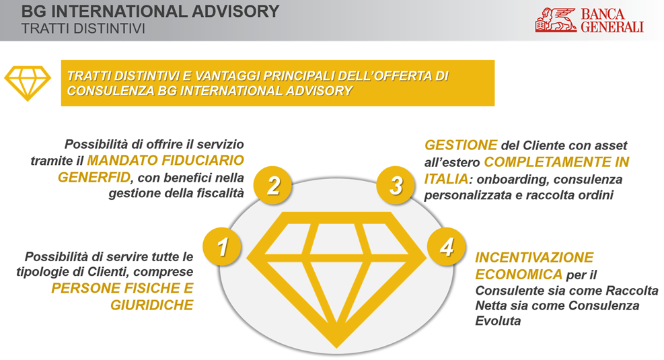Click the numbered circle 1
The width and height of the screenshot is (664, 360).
click(x=222, y=246)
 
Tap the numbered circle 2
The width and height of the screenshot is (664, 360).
click(x=273, y=185)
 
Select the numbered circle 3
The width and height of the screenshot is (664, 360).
click(x=396, y=185)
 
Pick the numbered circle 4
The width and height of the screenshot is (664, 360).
click(x=446, y=246)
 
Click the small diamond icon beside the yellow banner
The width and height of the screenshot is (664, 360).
click(x=28, y=83)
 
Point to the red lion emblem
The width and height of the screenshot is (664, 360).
click(x=556, y=20)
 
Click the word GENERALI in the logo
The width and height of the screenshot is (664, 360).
click(x=612, y=27)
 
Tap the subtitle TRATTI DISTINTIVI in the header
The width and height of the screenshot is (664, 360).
click(x=83, y=28)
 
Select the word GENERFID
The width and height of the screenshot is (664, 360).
click(x=94, y=177)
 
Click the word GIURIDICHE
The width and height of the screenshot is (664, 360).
click(x=152, y=305)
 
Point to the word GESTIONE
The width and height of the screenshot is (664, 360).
click(x=461, y=145)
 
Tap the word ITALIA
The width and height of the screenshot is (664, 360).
click(x=446, y=179)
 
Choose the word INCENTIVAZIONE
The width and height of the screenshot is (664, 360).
click(x=534, y=257)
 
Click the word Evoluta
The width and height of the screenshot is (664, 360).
click(x=498, y=320)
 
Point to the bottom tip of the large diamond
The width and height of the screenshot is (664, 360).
click(x=336, y=348)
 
